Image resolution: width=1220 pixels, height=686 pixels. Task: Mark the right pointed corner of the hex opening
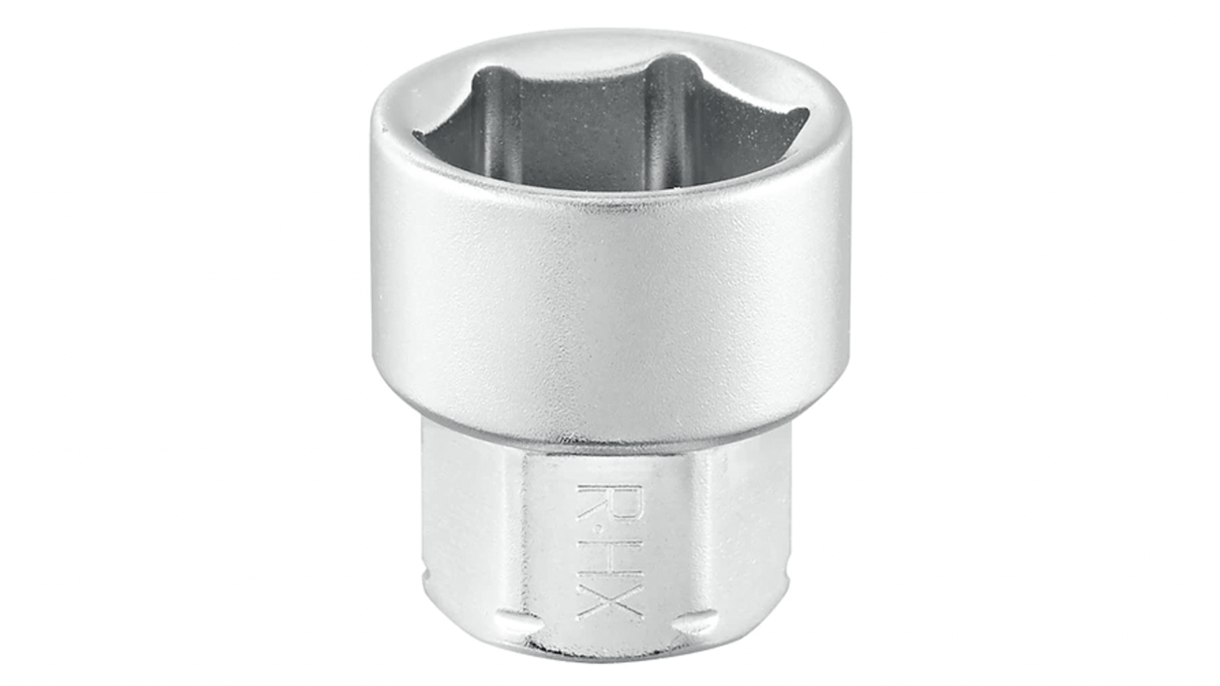coord(805,114)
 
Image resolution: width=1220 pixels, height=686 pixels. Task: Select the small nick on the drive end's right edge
coord(787,578)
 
